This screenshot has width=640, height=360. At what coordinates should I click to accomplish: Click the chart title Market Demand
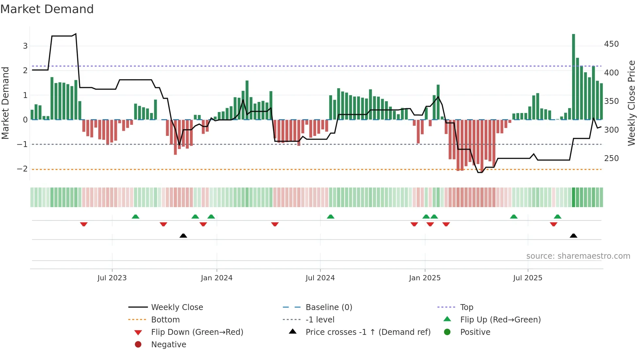click(47, 9)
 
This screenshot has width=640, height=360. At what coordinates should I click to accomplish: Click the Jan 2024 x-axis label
click(216, 278)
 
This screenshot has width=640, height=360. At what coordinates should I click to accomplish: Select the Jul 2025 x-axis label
click(528, 278)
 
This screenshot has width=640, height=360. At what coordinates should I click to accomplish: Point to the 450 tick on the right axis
click(611, 44)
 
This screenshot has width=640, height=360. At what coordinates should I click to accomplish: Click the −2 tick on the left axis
click(22, 169)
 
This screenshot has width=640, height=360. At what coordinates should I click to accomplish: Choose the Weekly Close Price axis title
click(632, 103)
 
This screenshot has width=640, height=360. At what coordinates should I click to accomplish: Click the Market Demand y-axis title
click(5, 103)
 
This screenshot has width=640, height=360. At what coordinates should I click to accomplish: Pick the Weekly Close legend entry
click(177, 307)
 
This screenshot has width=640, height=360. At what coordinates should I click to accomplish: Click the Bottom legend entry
click(165, 320)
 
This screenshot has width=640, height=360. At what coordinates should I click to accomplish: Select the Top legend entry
click(467, 307)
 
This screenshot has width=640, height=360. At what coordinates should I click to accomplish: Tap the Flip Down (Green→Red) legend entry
click(197, 332)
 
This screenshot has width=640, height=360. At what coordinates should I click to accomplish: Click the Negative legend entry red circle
click(138, 345)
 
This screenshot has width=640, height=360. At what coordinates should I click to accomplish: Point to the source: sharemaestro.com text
click(578, 256)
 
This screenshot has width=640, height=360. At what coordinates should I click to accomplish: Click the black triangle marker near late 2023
click(183, 236)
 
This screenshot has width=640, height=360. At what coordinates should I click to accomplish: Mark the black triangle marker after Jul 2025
click(573, 236)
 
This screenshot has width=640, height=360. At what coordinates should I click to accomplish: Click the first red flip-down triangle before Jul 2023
click(84, 224)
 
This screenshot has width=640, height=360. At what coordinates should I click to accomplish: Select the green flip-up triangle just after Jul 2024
click(330, 217)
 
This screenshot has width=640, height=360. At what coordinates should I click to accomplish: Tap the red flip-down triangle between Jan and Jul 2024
click(275, 224)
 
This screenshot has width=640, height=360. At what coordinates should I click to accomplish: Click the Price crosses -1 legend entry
click(368, 332)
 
